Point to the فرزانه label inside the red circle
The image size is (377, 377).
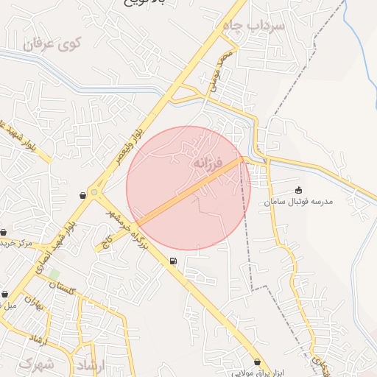(x=206, y=162)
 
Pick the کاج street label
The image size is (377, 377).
(x=106, y=240)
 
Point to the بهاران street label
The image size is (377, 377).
(x=34, y=302)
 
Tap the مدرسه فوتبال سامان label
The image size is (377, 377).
(x=300, y=201)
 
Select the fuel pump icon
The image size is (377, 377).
(x=173, y=261)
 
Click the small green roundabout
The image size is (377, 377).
(x=94, y=193)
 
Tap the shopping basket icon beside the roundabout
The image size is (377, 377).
(x=82, y=195)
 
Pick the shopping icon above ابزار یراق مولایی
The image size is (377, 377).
(x=257, y=362)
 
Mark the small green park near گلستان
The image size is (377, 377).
(x=54, y=275)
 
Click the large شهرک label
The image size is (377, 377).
(x=37, y=364)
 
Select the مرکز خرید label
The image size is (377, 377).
(x=15, y=242)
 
